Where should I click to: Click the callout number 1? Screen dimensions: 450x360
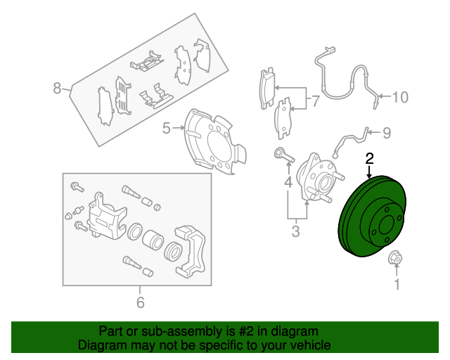tap(396, 285)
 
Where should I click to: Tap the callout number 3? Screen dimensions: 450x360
tap(296, 230)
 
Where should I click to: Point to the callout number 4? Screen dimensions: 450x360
tap(288, 184)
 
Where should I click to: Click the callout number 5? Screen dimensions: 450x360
tap(167, 128)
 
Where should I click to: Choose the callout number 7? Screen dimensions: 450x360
tap(316, 101)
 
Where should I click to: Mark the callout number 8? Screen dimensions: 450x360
tap(58, 89)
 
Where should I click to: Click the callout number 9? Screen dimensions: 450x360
tap(386, 131)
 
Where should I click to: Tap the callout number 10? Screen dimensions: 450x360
tap(399, 97)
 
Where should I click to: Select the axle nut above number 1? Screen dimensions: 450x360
tap(395, 260)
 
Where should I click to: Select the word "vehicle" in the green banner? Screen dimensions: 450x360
tap(307, 345)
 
